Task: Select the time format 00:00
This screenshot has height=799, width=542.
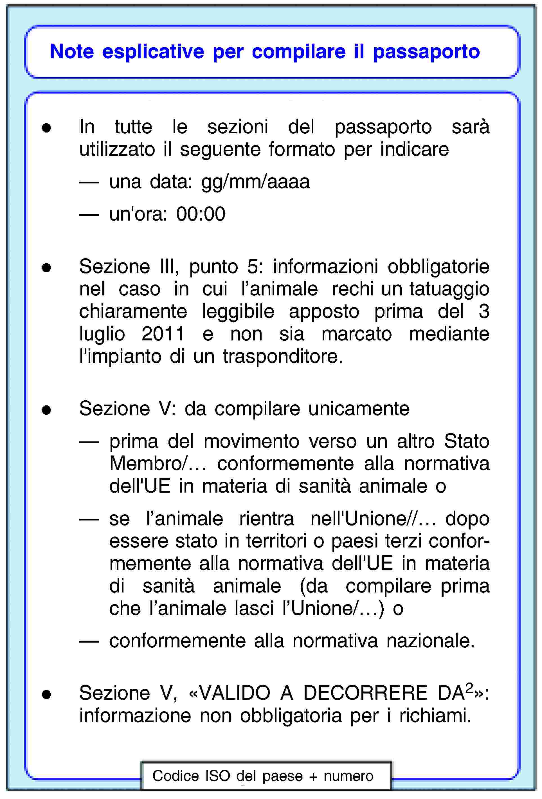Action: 201,214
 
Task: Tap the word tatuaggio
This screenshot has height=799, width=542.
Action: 449,289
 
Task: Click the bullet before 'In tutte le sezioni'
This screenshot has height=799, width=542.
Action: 46,128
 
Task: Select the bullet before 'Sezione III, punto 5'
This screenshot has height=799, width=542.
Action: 46,268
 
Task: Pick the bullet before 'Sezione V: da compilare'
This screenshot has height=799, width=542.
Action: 46,410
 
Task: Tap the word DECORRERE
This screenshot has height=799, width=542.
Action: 365,693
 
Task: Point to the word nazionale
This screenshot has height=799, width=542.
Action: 430,641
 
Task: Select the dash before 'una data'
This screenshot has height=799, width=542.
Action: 89,183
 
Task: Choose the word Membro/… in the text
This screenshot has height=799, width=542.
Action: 158,463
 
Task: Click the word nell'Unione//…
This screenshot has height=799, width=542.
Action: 373,519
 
